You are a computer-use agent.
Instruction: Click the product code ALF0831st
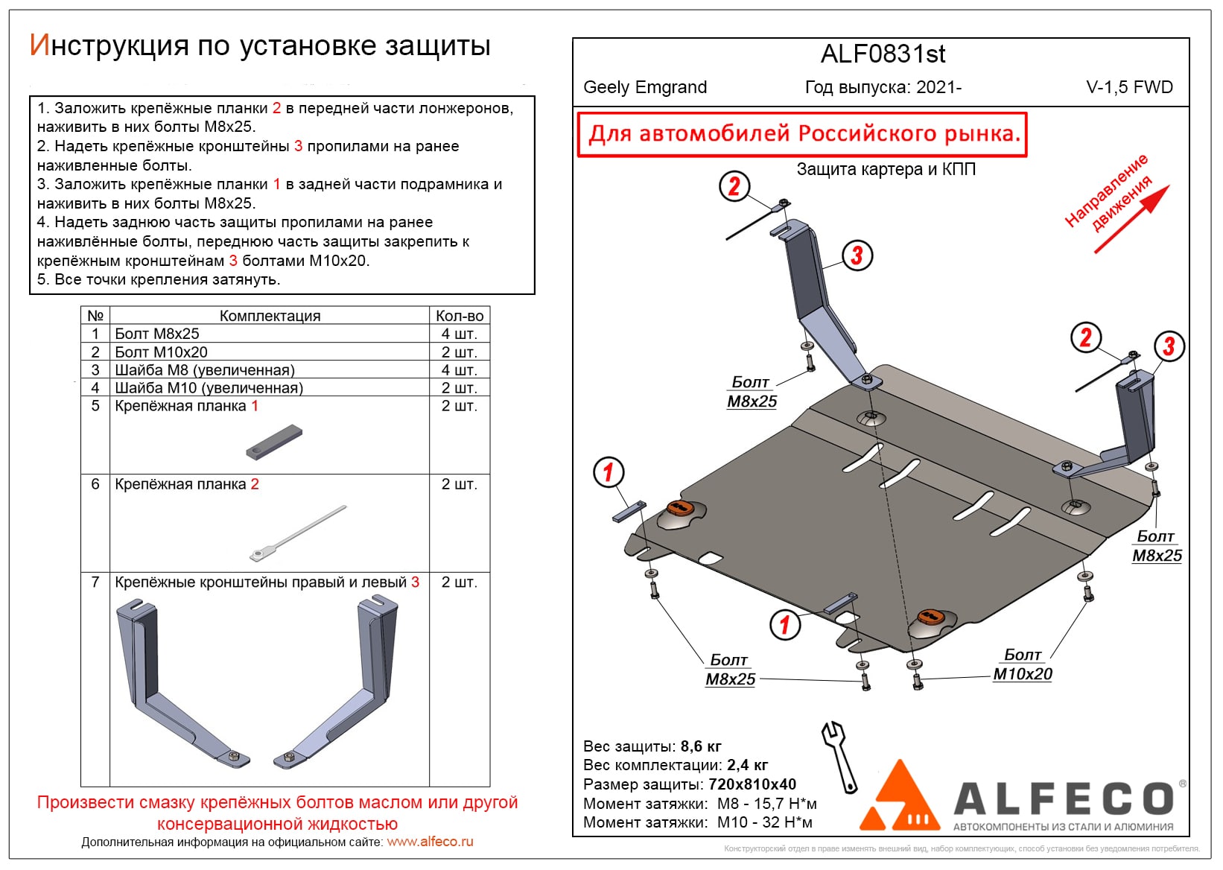[883, 54]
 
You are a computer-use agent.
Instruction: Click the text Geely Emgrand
[644, 87]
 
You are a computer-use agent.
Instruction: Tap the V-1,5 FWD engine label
[1129, 87]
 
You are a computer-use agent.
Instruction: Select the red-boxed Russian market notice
[803, 134]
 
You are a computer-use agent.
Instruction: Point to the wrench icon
[839, 756]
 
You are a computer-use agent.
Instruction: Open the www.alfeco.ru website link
[430, 842]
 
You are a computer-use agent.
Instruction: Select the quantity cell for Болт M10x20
[459, 352]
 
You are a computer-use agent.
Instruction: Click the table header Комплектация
[270, 316]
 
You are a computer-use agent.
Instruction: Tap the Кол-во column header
[459, 316]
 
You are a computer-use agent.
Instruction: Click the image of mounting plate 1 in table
[274, 442]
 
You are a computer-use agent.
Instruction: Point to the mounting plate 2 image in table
[298, 533]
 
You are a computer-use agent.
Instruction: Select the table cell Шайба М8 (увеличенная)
[205, 370]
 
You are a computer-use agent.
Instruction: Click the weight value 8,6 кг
[700, 746]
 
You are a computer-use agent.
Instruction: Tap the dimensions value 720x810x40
[752, 784]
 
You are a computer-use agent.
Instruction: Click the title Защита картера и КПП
[886, 169]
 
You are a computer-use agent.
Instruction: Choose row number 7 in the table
[95, 582]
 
